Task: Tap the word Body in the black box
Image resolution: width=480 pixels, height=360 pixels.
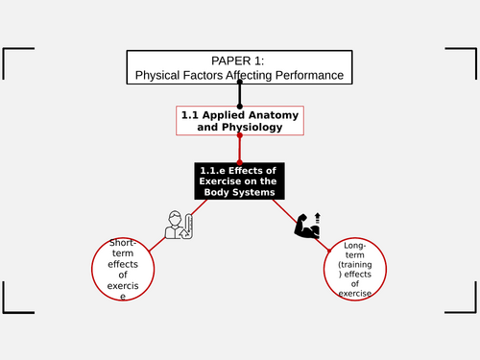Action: pyautogui.click(x=217, y=192)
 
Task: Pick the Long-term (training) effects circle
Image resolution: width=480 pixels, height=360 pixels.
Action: pyautogui.click(x=356, y=272)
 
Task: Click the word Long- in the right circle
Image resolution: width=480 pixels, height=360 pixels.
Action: pyautogui.click(x=356, y=248)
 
